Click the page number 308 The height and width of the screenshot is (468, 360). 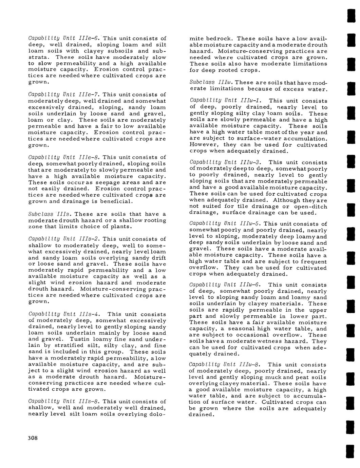point(33,438)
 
